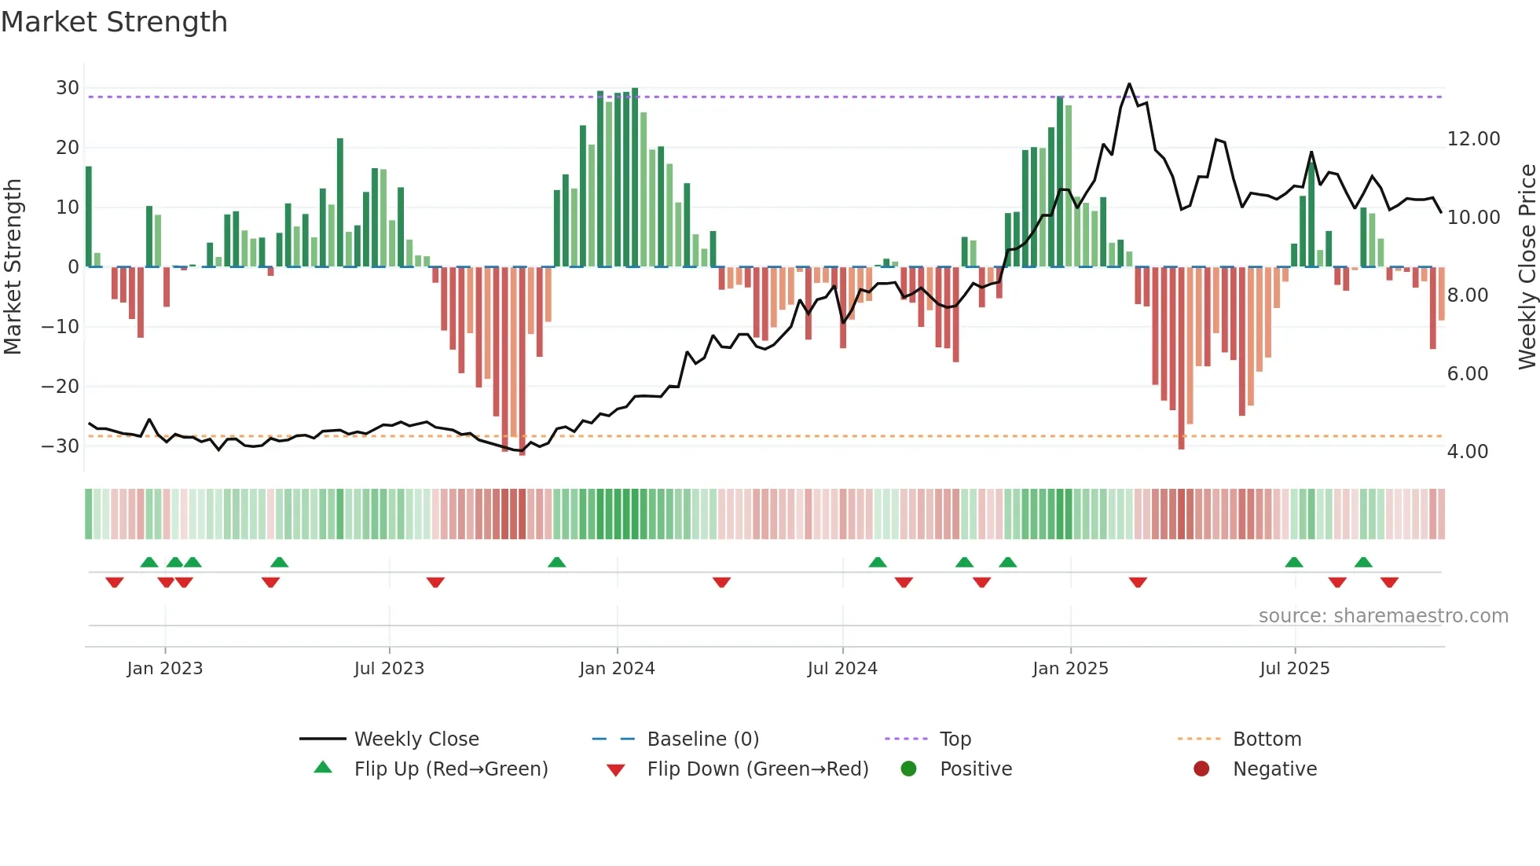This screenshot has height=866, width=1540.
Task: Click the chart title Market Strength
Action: (x=114, y=22)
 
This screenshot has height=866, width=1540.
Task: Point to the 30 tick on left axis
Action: (x=68, y=88)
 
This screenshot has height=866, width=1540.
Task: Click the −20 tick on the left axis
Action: (x=61, y=386)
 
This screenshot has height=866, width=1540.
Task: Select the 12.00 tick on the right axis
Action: (x=1473, y=139)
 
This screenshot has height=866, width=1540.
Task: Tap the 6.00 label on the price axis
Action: (x=1467, y=374)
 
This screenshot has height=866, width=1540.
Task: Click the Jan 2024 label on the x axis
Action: (x=617, y=669)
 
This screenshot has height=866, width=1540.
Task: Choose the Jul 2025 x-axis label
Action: (x=1294, y=669)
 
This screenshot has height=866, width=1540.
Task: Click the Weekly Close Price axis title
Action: (x=1527, y=267)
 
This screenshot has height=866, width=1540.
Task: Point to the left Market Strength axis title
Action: (x=13, y=267)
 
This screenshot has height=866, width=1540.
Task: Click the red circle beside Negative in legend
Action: (x=1201, y=769)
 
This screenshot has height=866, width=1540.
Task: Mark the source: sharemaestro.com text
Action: (x=1383, y=616)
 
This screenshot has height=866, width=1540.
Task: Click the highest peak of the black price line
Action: (x=1129, y=84)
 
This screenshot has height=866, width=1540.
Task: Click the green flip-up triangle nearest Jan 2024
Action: (x=556, y=562)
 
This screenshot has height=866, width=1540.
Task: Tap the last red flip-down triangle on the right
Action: (x=1389, y=582)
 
